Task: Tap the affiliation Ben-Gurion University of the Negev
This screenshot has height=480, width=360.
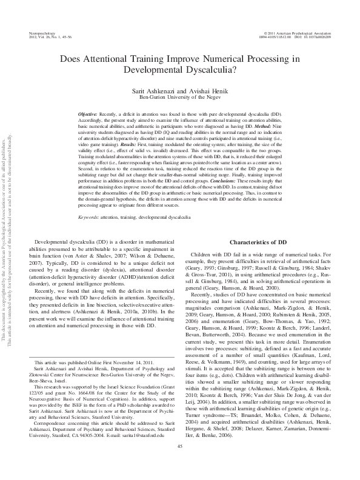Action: pyautogui.click(x=179, y=96)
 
